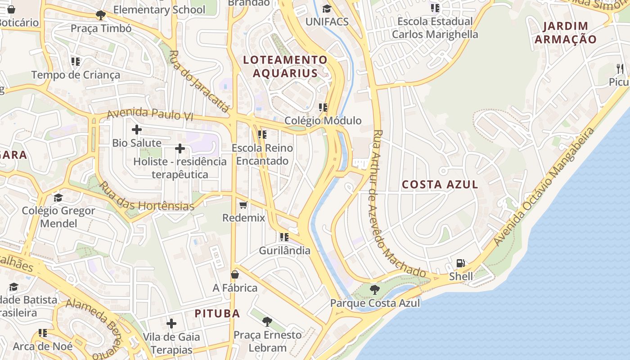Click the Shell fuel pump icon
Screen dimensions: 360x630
tap(460, 263)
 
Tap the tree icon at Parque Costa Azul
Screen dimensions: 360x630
tap(374, 289)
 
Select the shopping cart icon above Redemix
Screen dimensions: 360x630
tap(243, 205)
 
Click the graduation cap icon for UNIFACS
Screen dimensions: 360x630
tap(327, 9)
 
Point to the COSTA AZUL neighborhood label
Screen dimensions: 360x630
tap(440, 184)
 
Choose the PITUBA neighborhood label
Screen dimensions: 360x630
tap(217, 314)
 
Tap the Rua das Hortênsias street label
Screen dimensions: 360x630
tap(147, 197)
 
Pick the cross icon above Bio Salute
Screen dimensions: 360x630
tap(137, 130)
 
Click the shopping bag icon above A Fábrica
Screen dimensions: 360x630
tap(235, 274)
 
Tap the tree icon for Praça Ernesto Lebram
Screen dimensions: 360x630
tap(267, 321)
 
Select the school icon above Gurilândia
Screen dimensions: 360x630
tap(284, 237)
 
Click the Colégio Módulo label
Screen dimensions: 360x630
tap(323, 121)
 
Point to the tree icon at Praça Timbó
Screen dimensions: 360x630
tap(101, 15)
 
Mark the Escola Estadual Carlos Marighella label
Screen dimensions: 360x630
tap(435, 28)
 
